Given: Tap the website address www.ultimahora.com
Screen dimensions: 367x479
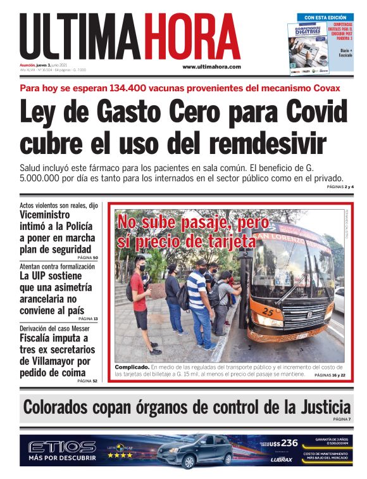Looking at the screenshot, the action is tap(211, 67).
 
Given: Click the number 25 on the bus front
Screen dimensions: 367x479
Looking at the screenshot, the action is tap(268, 312).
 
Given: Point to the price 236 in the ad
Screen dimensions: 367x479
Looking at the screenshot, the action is tap(289, 443).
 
